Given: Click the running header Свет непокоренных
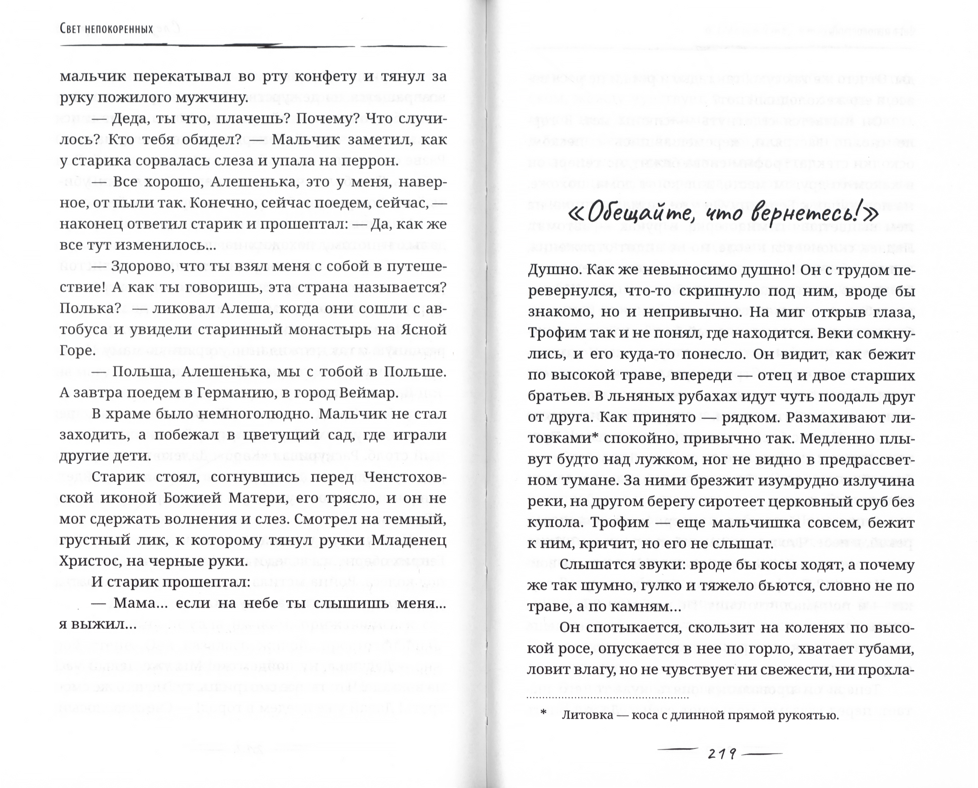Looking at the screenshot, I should coord(106,29).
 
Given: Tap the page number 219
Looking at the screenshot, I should coord(722,754).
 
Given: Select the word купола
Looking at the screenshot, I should coord(555,523).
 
